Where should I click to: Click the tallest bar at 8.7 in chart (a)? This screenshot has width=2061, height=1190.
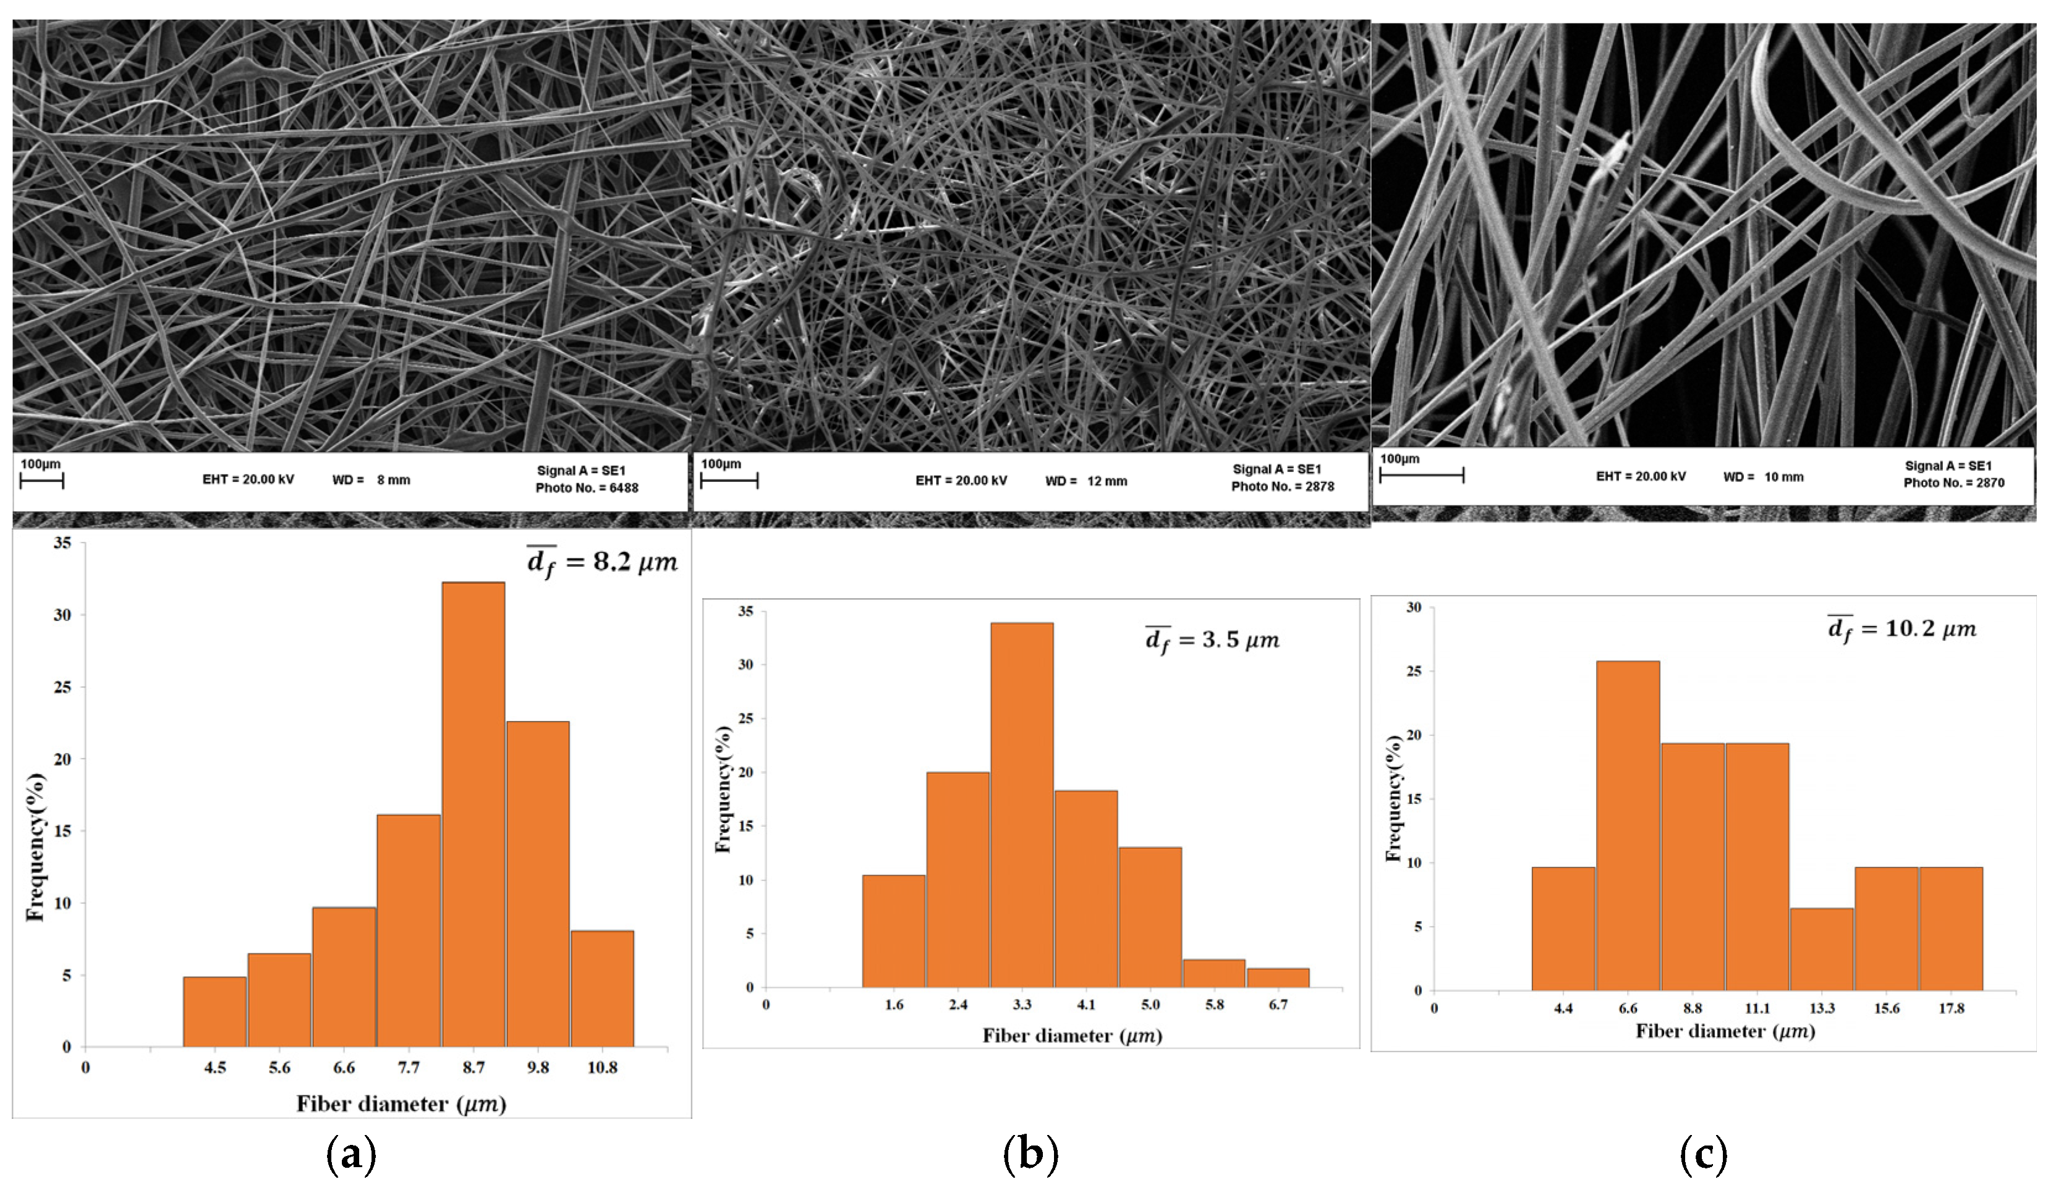tap(474, 813)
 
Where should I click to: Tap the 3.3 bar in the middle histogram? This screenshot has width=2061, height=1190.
tap(1022, 804)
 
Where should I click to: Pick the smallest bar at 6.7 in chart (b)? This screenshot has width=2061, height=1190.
tap(1278, 977)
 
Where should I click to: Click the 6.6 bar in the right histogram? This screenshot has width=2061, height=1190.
tap(1628, 825)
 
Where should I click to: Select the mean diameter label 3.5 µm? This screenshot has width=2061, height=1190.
tap(1212, 640)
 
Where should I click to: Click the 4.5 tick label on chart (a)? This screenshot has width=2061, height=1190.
tap(215, 1068)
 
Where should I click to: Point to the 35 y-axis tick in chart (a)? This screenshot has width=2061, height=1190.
tap(62, 542)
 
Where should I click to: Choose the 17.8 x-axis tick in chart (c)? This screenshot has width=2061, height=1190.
tap(1950, 1008)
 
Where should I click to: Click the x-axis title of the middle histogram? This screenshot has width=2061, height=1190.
tap(1072, 1036)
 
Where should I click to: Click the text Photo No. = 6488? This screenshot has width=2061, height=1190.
tap(587, 488)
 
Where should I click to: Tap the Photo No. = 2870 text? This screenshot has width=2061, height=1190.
tap(1954, 483)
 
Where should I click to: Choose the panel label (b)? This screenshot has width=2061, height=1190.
tap(1030, 1154)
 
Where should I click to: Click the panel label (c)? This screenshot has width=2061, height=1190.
tap(1703, 1154)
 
